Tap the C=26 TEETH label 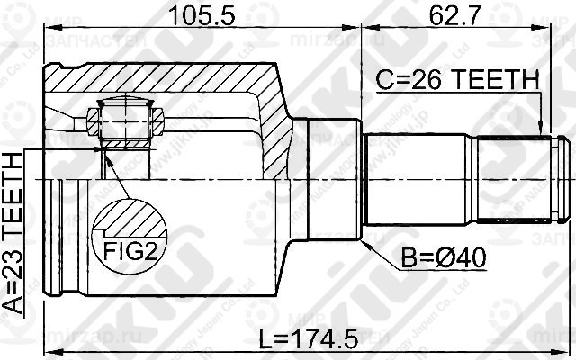tap(457, 80)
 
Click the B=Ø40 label tap(445, 260)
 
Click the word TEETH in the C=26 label tap(499, 80)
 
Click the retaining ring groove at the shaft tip tap(557, 178)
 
